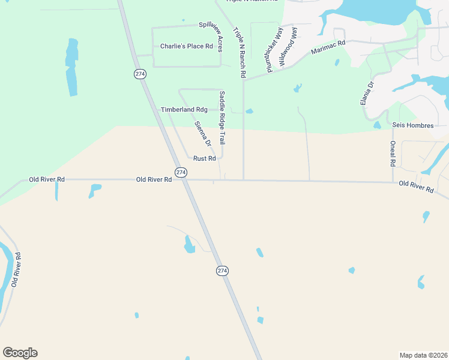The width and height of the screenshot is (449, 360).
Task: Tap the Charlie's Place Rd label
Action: point(186,46)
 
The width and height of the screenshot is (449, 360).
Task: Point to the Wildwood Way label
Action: point(289,47)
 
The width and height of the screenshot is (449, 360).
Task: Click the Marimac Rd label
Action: point(328,47)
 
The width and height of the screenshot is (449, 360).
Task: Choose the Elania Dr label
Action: point(367,93)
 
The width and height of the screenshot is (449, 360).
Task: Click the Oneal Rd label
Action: point(393,154)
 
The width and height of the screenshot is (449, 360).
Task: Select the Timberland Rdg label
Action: point(184,110)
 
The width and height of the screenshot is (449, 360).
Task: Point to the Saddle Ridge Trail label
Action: point(221,118)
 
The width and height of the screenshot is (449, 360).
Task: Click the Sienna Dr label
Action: point(203,134)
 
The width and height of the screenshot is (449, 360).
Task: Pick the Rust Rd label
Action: point(204,158)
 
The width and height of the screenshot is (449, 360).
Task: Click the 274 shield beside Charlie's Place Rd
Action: point(140,74)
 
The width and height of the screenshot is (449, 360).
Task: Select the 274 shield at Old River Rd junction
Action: point(181,172)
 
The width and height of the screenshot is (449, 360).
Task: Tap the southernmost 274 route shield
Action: point(222,271)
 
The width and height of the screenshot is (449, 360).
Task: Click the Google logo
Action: point(20,353)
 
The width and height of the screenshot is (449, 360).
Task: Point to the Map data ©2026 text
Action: point(423,355)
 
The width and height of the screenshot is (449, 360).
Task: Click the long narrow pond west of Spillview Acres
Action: point(71,67)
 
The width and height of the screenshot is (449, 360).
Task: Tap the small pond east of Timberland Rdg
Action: point(249,111)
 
